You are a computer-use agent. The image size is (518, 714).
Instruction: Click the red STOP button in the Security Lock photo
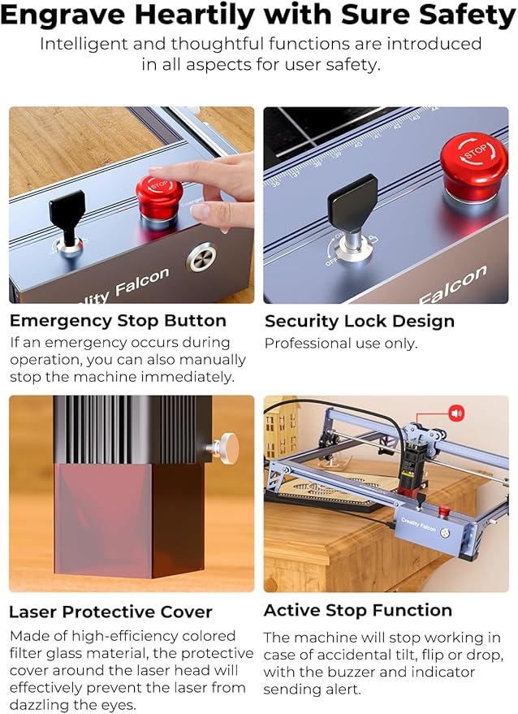[474, 167]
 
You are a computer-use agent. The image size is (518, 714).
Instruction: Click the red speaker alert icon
[456, 413]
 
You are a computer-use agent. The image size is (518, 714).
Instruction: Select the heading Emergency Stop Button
[118, 320]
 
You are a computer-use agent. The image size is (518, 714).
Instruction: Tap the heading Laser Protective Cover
[110, 612]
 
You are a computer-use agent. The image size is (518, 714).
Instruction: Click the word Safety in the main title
[461, 15]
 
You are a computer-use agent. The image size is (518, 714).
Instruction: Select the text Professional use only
[341, 344]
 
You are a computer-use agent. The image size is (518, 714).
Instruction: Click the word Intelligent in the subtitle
[82, 44]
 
